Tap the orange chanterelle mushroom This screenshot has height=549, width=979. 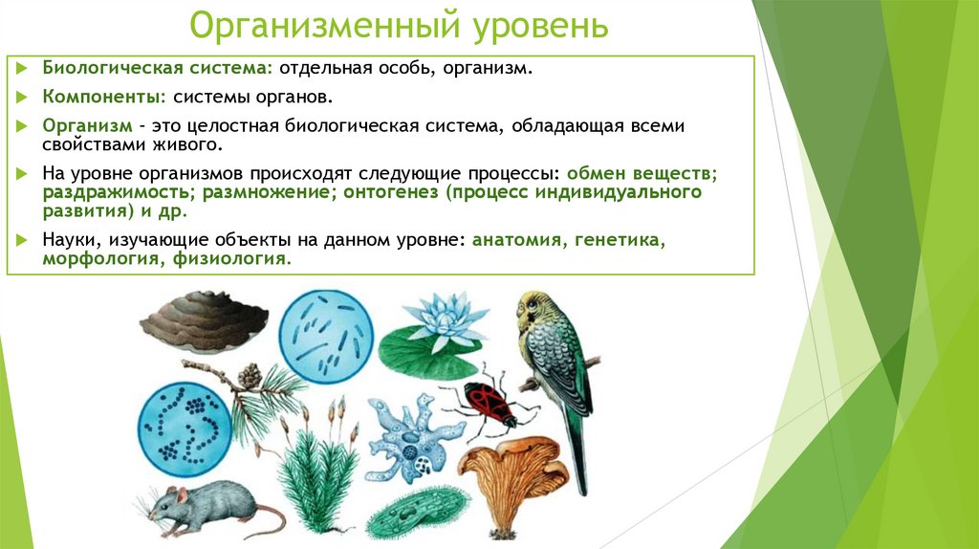[x=507, y=469]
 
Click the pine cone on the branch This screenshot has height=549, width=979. [x=250, y=376]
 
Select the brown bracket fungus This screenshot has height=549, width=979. [x=203, y=318]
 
